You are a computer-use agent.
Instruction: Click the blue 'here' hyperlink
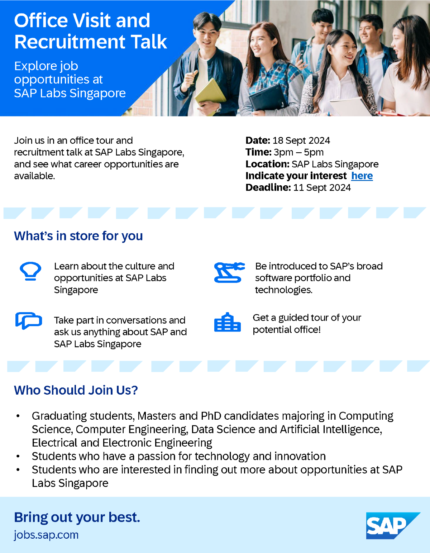(362, 176)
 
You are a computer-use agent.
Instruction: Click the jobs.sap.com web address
(46, 535)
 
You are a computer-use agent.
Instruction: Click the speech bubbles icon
(29, 320)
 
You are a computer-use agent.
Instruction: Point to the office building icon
(227, 323)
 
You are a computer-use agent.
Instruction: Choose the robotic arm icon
(229, 272)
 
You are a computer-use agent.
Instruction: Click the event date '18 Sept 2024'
(301, 140)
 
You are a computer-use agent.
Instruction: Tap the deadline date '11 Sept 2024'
(322, 188)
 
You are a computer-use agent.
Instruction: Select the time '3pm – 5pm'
(298, 152)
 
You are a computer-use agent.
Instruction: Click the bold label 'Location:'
(267, 164)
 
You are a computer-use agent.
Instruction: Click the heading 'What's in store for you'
(78, 236)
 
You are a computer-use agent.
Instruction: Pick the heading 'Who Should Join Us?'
(76, 390)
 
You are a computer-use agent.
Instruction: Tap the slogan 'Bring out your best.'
(77, 518)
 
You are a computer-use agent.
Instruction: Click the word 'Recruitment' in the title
(70, 42)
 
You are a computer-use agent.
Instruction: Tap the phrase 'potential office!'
(287, 330)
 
